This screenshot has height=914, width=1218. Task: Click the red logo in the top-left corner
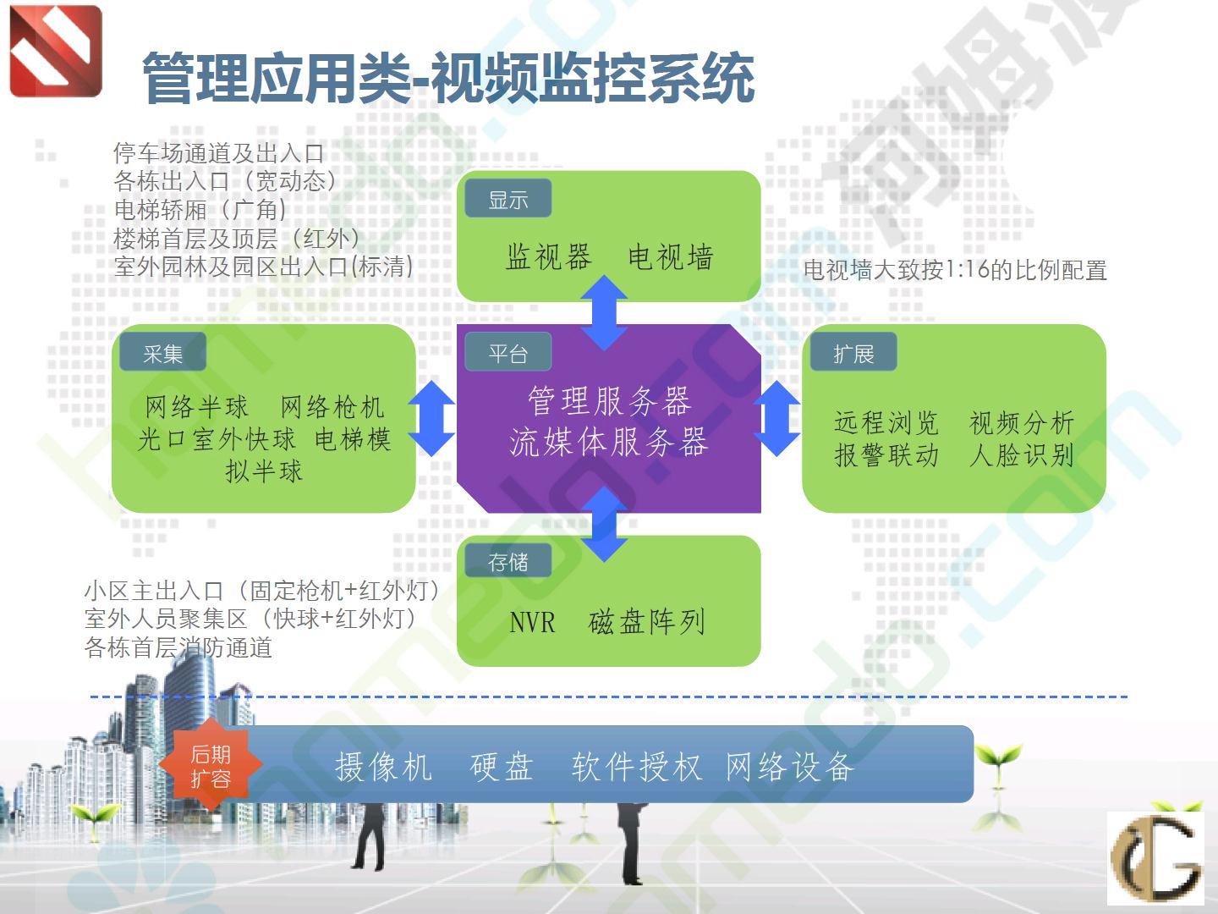56,51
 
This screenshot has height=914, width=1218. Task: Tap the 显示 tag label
507,199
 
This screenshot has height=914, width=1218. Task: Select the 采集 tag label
162,352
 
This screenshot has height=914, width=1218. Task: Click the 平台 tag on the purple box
507,352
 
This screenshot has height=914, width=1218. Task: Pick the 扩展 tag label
853,352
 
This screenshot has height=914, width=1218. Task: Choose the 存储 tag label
507,561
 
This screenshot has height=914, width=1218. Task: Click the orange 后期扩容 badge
211,765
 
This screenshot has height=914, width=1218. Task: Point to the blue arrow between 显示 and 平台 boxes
604,313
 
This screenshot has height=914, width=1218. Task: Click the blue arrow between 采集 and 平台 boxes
431,418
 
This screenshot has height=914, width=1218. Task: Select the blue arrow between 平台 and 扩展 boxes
777,418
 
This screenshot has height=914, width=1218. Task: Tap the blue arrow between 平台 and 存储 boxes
604,525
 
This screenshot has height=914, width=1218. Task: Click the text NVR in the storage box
531,621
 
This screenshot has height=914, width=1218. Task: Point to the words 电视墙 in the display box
670,256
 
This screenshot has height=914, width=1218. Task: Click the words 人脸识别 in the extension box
1022,455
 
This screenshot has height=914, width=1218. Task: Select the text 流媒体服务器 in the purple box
609,443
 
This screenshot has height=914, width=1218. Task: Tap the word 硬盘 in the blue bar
502,767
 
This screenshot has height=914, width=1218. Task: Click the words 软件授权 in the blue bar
637,767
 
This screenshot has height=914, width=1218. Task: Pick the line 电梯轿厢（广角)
200,210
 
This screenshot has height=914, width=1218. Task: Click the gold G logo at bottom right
1155,858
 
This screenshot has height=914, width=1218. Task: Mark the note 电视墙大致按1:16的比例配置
955,270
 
